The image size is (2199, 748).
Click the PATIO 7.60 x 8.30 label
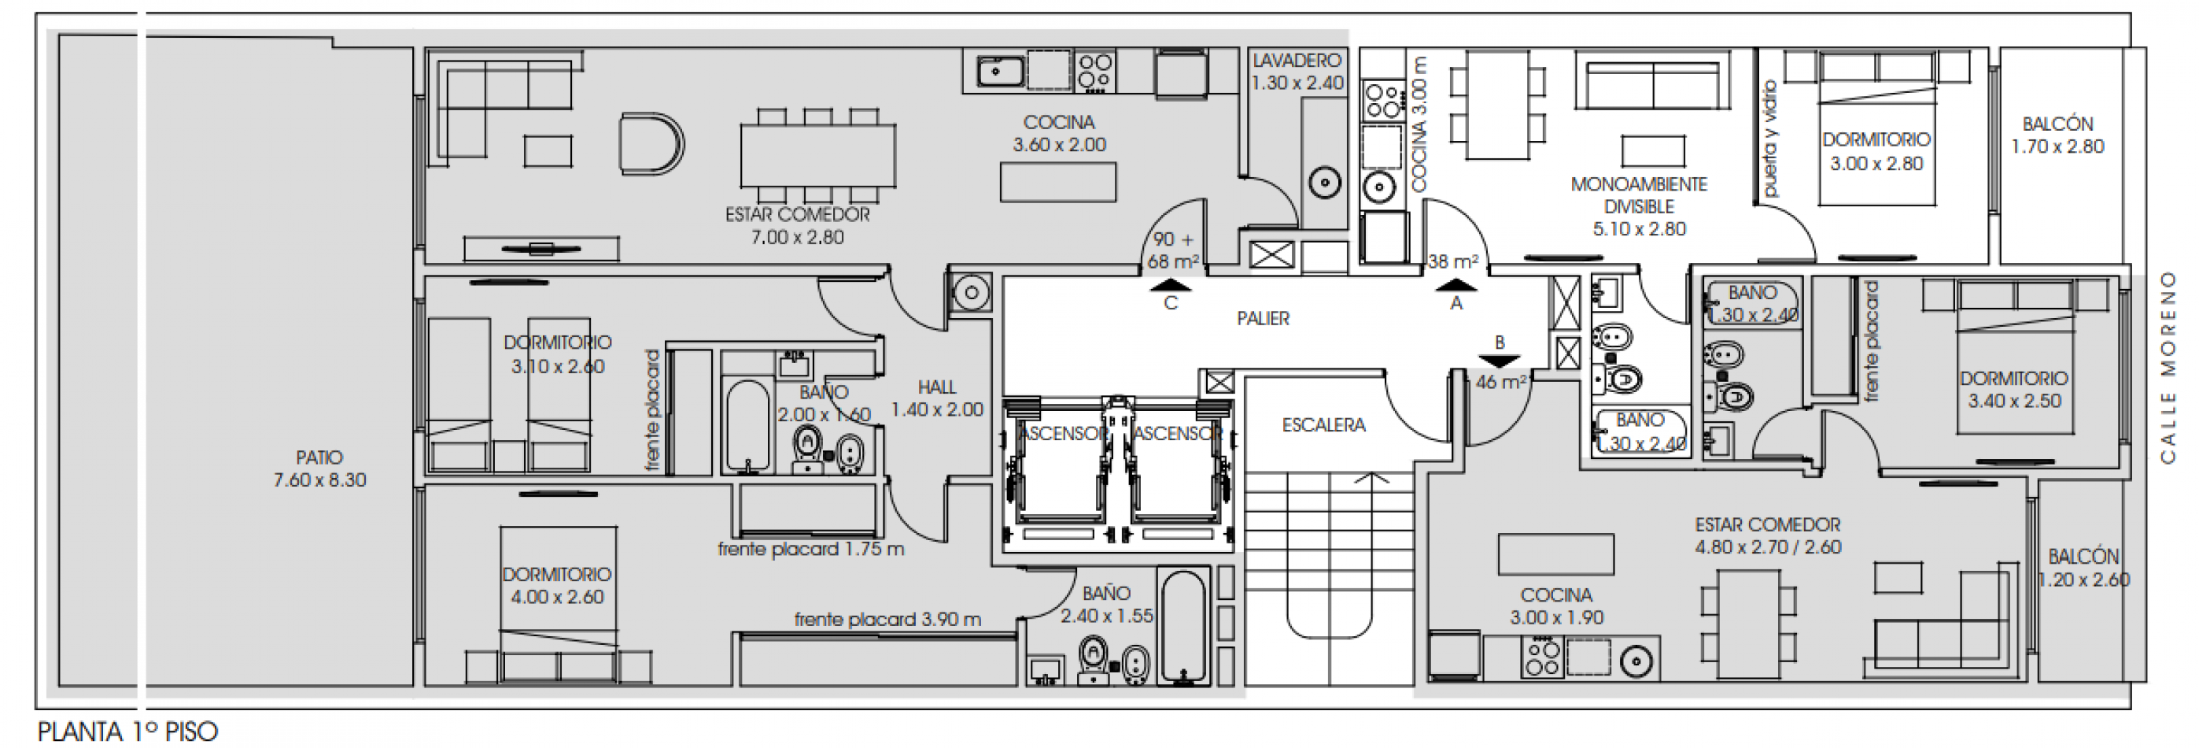click(319, 468)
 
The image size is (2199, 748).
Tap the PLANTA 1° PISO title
click(128, 731)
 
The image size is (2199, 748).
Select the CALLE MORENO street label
click(2169, 367)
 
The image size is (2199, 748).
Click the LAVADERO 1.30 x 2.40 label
click(1297, 72)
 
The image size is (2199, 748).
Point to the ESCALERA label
click(1323, 424)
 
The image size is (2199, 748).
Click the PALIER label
click(1263, 319)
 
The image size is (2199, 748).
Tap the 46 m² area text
click(1500, 383)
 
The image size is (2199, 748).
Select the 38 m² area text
click(1453, 261)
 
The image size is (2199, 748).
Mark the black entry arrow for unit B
click(1499, 361)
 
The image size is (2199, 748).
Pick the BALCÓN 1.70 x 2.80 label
click(2057, 135)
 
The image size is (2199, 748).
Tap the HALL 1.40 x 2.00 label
click(936, 398)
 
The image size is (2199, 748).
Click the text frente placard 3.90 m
click(887, 619)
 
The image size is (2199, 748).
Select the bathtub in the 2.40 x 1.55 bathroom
click(1183, 626)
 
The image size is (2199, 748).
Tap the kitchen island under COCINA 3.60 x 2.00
click(1057, 182)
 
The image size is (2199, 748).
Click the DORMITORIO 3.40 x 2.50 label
click(2014, 390)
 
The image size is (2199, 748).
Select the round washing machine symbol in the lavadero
click(1325, 183)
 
